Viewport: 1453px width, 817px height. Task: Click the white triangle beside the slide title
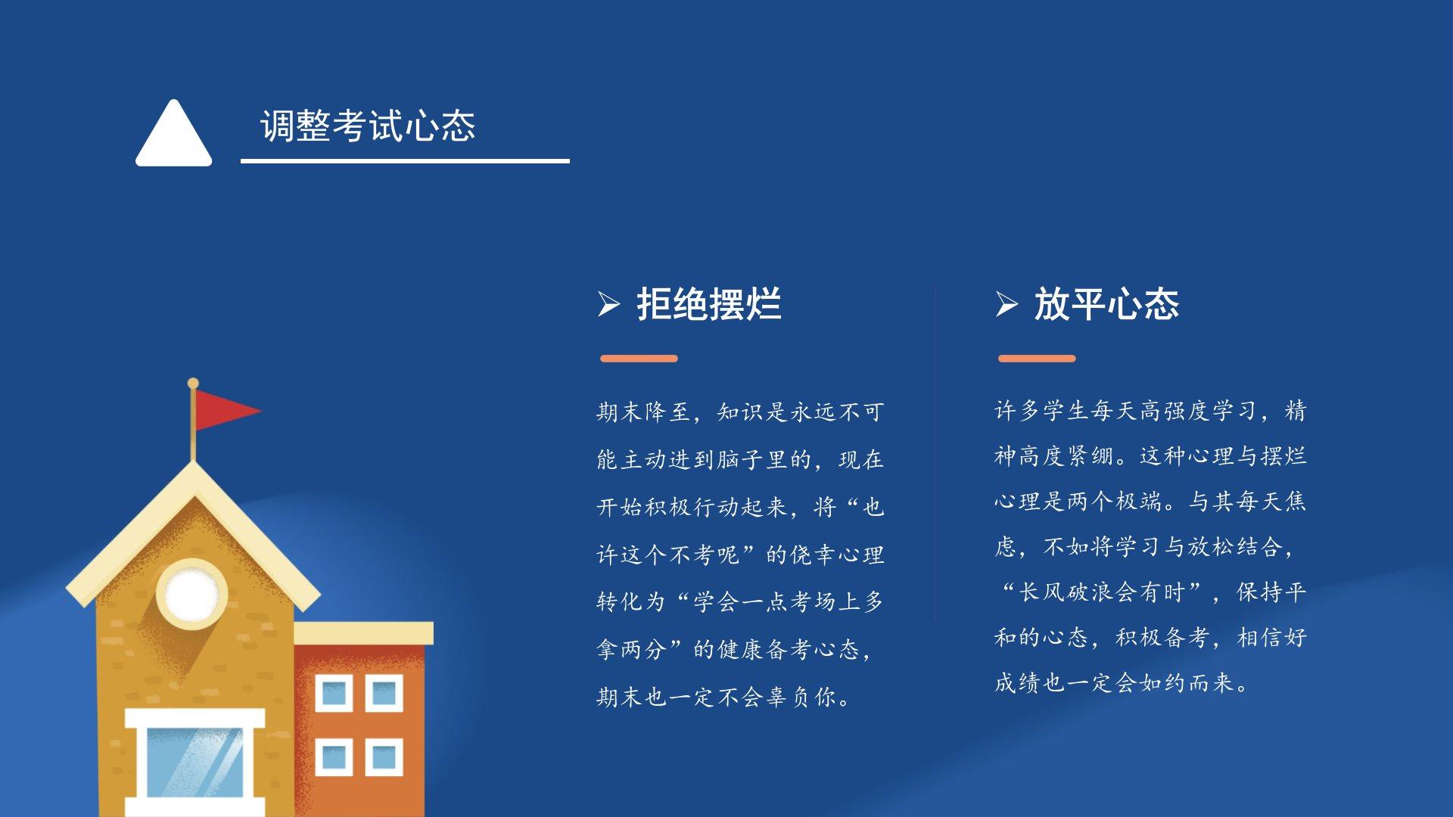tap(174, 135)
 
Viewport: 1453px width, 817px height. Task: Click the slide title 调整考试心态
tap(368, 126)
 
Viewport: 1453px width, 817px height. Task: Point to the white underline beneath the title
tap(405, 160)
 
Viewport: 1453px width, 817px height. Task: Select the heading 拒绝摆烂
tap(709, 304)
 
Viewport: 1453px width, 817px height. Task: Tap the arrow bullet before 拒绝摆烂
tap(608, 304)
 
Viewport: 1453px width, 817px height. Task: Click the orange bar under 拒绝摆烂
tap(639, 359)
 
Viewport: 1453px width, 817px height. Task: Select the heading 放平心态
tap(1106, 304)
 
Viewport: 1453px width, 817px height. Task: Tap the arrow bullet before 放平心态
tap(1007, 304)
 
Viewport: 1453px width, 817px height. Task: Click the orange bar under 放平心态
tap(1037, 359)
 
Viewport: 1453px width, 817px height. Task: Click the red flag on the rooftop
tap(224, 411)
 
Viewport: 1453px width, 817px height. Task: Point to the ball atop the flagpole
tap(193, 384)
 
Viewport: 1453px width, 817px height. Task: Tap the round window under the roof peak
tap(192, 595)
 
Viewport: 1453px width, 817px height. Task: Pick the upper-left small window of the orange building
tap(334, 693)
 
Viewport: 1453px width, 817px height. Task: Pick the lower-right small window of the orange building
tap(384, 757)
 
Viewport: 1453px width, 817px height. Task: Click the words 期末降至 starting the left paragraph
tap(643, 412)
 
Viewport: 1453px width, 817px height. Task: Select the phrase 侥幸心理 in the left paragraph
tap(837, 555)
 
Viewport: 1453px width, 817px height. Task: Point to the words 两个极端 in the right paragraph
tap(1115, 501)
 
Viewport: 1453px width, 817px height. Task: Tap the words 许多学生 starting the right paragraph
tap(1042, 410)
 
